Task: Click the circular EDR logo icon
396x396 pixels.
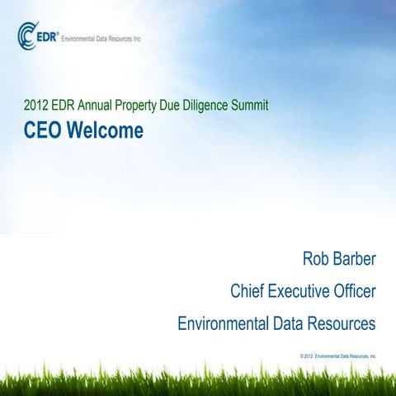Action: click(25, 35)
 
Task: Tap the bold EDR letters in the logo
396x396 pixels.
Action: click(45, 34)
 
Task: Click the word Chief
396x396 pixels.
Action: click(247, 291)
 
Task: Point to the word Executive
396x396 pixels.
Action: click(298, 291)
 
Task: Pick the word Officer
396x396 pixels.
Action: click(354, 291)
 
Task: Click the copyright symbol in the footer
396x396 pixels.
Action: click(304, 355)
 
